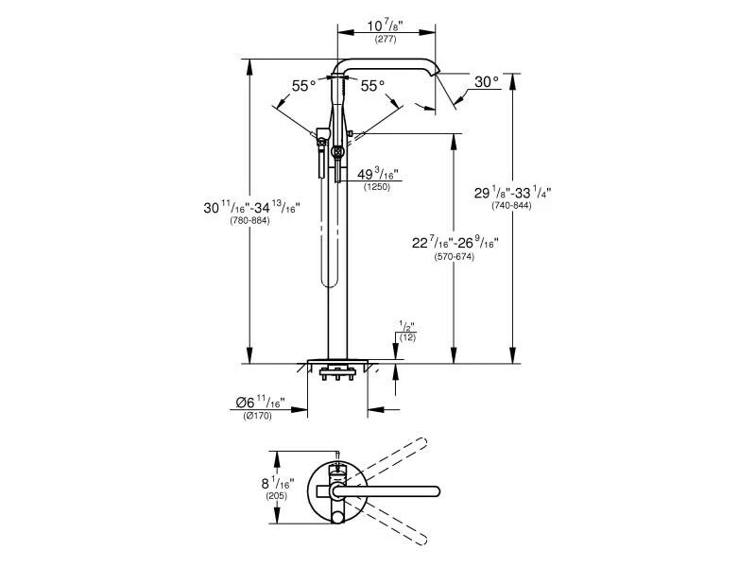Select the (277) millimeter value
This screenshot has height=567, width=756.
[387, 41]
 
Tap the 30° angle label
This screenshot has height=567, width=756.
[487, 82]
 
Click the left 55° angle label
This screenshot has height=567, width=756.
[303, 86]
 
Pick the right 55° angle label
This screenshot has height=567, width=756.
[372, 86]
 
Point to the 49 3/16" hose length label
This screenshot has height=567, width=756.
[378, 175]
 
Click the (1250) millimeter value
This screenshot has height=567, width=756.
[377, 188]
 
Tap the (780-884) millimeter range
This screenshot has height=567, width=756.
[249, 221]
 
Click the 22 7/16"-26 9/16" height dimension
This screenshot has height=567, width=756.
[456, 243]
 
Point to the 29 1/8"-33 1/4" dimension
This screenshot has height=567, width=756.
[513, 191]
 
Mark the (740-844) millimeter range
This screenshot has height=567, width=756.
[511, 206]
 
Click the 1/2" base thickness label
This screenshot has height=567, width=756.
[407, 327]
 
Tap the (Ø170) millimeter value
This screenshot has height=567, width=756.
[258, 417]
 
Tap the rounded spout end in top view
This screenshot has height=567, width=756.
[436, 490]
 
